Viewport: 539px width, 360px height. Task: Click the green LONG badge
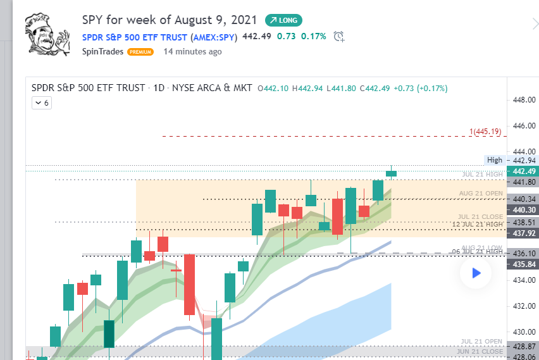283,20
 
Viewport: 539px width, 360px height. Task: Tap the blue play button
476,273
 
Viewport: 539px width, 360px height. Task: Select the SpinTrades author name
103,52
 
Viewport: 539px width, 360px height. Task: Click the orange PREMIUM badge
140,52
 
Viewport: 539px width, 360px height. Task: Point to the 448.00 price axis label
523,100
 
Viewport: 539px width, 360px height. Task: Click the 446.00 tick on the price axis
523,126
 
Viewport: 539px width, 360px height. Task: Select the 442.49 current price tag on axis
524,171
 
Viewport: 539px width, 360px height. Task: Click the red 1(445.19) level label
485,132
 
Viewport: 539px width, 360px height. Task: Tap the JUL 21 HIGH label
482,174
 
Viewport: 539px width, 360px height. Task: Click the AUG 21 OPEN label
481,193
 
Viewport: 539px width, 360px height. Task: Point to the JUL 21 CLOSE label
481,217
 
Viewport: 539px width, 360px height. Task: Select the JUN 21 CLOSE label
482,352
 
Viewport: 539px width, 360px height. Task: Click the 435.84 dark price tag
524,264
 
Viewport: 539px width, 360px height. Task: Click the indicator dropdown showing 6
42,102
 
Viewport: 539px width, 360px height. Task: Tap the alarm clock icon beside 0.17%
339,36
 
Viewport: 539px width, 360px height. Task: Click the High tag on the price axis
494,160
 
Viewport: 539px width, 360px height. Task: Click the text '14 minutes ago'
192,52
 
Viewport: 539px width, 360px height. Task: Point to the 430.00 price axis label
523,332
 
